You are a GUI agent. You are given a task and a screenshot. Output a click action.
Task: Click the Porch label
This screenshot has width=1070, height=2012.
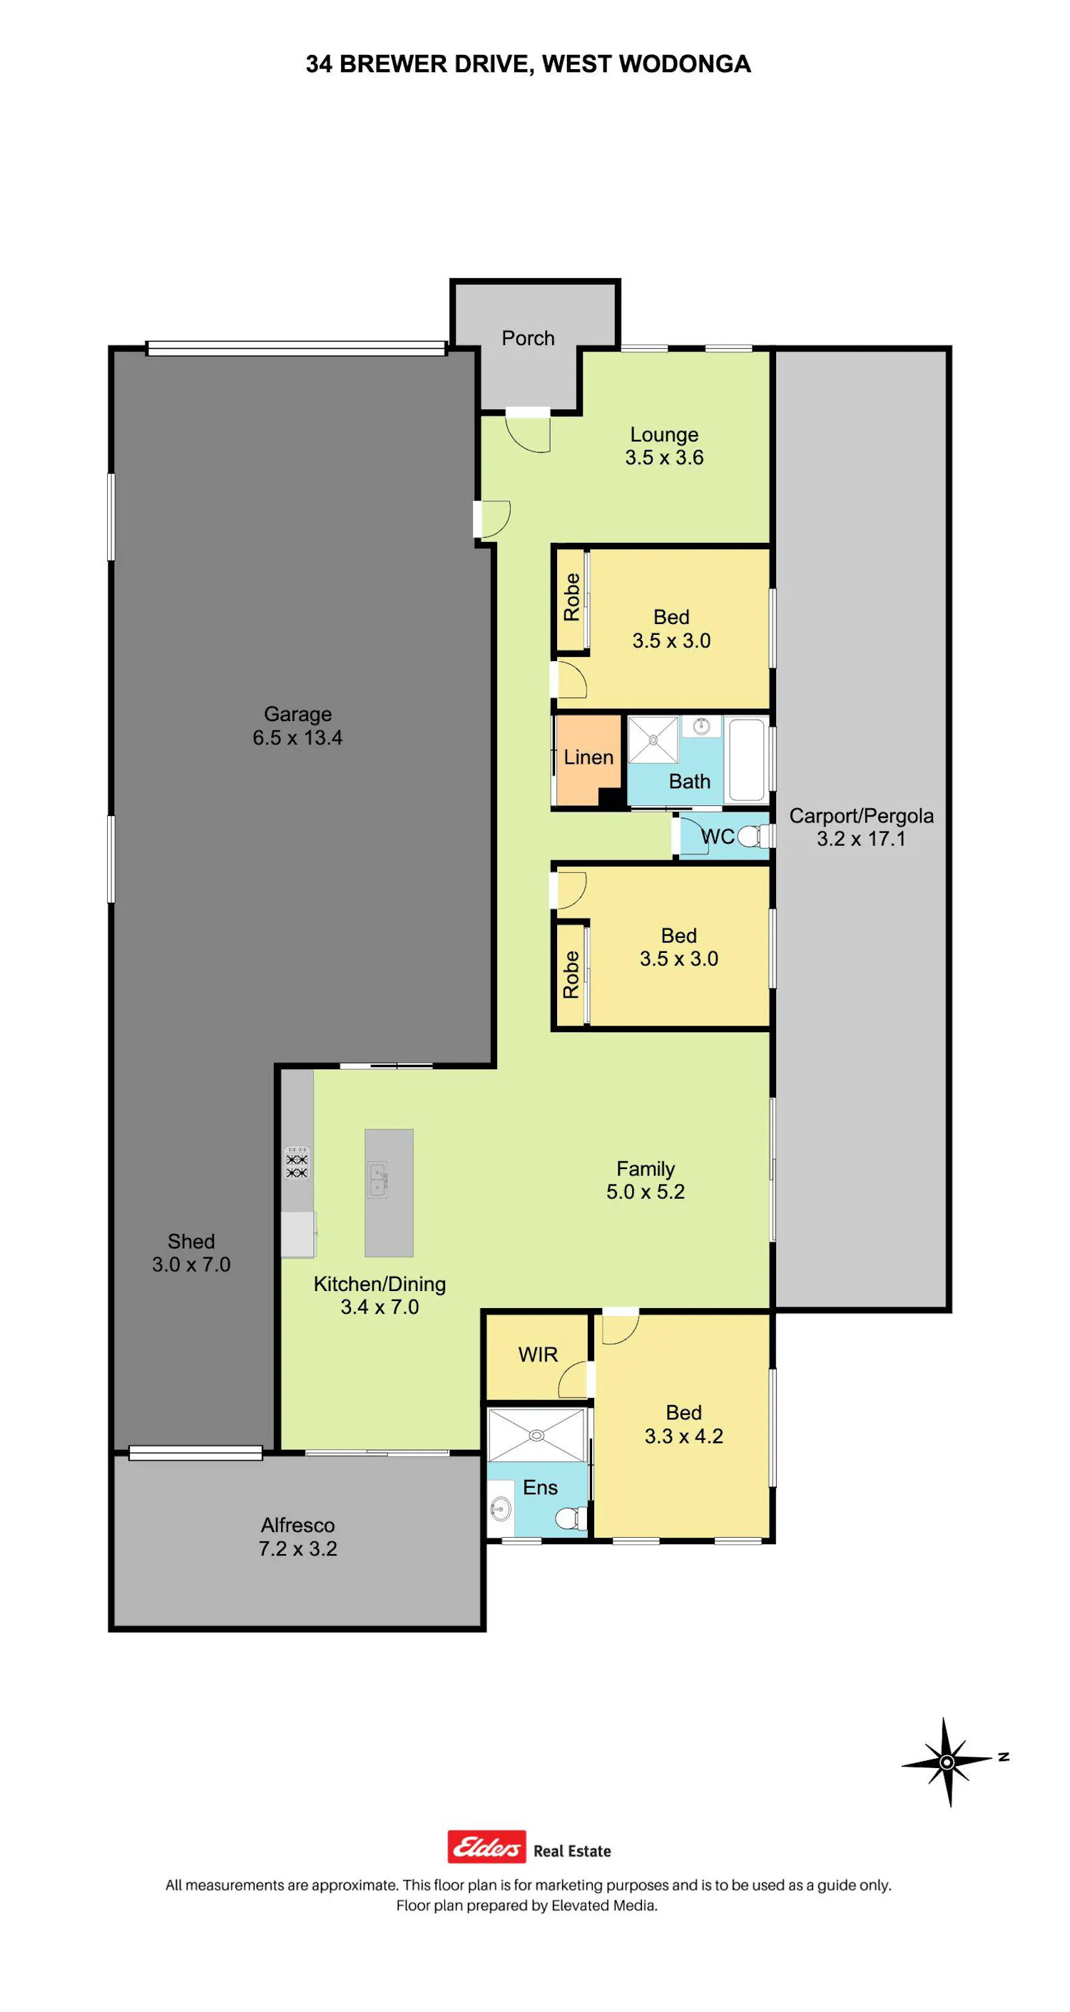pos(528,338)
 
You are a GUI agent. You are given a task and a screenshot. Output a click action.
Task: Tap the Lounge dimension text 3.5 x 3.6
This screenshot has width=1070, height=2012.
pos(664,458)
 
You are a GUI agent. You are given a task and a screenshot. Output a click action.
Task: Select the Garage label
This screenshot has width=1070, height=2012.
pos(297,714)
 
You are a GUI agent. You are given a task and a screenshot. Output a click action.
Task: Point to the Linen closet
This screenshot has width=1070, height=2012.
pos(588,760)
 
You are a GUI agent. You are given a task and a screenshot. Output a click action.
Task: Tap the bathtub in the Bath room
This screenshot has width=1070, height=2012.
pos(746,760)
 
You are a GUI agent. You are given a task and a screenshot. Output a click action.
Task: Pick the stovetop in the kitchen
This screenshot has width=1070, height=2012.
pos(297,1163)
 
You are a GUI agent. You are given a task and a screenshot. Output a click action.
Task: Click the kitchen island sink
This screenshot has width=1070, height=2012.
pos(377,1179)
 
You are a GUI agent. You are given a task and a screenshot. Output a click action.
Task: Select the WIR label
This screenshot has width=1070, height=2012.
pos(538,1354)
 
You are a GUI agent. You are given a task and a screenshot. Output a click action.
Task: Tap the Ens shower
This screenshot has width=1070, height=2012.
pos(536,1434)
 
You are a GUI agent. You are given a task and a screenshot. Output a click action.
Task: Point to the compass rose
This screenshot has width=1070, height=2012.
pos(947,1763)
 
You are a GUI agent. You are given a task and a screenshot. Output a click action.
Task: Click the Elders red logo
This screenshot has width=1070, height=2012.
pos(486,1847)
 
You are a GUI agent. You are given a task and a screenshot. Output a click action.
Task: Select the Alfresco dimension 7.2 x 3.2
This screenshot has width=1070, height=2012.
pos(297,1548)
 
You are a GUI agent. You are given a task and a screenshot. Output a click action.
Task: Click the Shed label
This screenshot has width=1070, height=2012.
pos(191,1241)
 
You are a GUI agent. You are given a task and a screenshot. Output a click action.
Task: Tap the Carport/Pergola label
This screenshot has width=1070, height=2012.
pos(862,815)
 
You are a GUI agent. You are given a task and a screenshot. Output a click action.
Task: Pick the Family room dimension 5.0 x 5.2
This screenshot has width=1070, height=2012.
pos(645,1191)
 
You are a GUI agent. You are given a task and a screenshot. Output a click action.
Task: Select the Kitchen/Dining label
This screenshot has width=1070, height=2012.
pos(379,1284)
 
